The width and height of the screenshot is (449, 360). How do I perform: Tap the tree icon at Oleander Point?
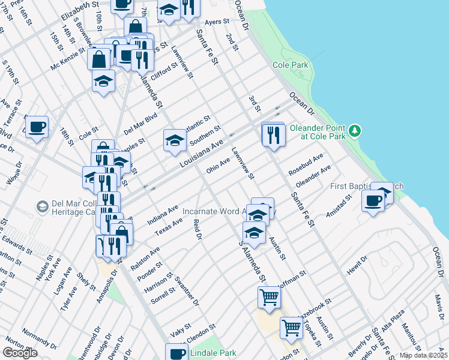(355, 130)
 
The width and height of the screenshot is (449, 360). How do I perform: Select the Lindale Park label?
(213, 353)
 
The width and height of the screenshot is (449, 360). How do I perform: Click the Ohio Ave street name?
(218, 165)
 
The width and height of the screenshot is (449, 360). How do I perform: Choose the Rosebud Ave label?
(306, 163)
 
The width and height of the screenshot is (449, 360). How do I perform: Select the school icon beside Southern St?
(175, 140)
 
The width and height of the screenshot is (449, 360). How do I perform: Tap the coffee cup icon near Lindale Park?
(176, 352)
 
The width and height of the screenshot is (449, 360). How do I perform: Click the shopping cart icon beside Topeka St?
(292, 328)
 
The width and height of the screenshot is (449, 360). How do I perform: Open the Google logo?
(20, 353)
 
